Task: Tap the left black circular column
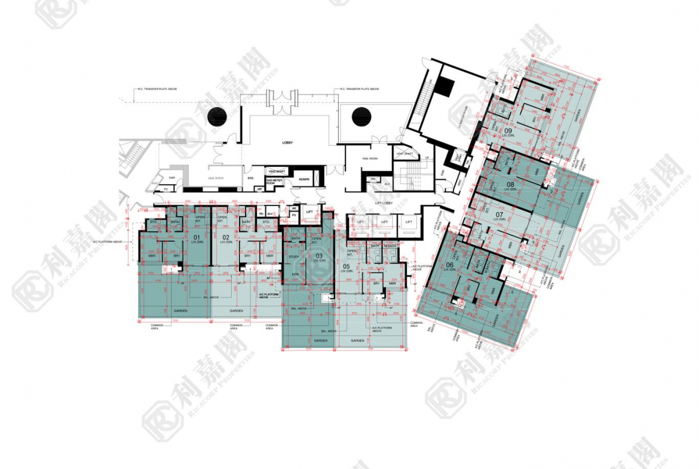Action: point(217,117)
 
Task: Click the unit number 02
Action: point(225,237)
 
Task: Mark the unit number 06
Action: point(449,265)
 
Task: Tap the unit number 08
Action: point(510,184)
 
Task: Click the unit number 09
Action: point(508,130)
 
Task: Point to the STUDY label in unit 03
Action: point(293,257)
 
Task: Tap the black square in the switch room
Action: point(444,88)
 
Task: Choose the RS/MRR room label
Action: point(303,179)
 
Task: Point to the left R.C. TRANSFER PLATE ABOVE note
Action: point(157,89)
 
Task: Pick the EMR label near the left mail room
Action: point(172,177)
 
